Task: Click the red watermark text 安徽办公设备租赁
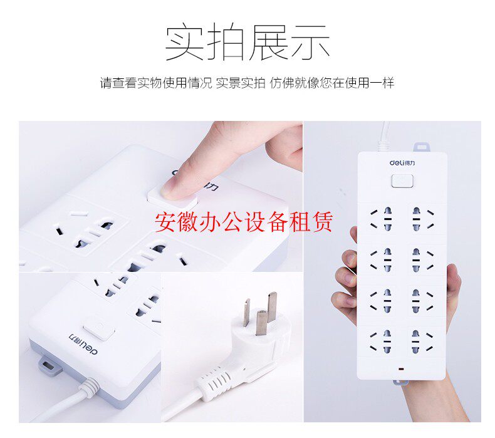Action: pyautogui.click(x=244, y=221)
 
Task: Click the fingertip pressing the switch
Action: pyautogui.click(x=179, y=185)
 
